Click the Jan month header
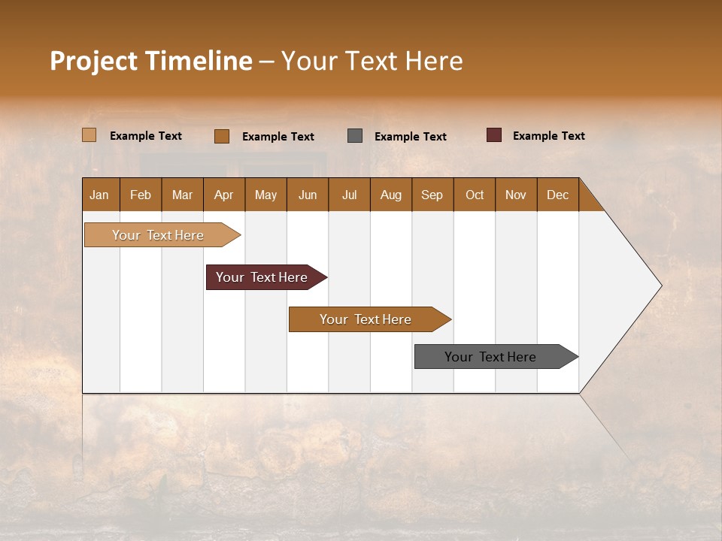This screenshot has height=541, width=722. (x=100, y=195)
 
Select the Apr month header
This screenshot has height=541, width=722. (x=224, y=195)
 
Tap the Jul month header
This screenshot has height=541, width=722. (x=349, y=195)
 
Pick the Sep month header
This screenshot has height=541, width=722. (x=432, y=195)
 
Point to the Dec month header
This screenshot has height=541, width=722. (x=557, y=195)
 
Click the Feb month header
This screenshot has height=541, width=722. (x=141, y=195)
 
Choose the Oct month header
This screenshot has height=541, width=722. (x=475, y=195)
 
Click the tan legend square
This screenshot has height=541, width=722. (x=89, y=135)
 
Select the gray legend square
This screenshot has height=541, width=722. (x=355, y=135)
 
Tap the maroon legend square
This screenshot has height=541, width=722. (x=494, y=135)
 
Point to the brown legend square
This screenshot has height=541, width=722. (x=222, y=136)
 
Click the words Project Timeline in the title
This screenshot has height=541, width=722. (x=150, y=61)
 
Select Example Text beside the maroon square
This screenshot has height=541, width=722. (x=548, y=136)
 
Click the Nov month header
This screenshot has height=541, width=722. (x=516, y=195)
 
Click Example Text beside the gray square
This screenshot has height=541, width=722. (x=410, y=137)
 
